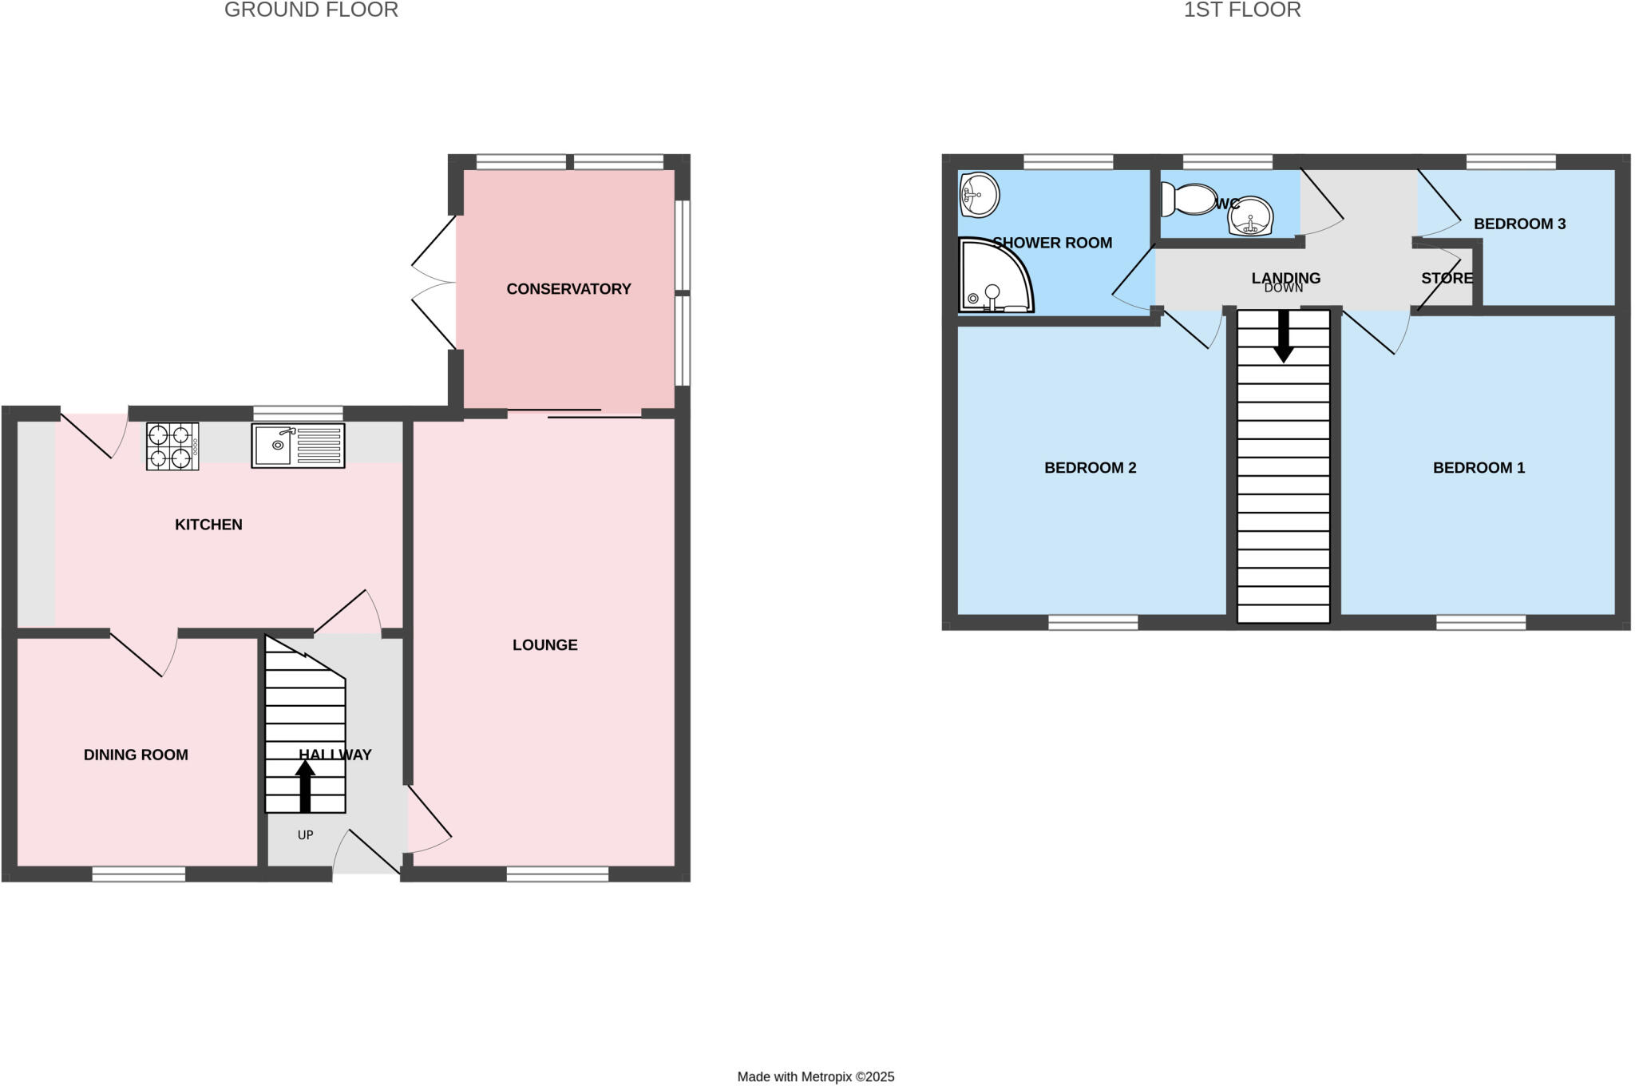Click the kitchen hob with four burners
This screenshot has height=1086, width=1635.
[172, 446]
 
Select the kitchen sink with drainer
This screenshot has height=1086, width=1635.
[298, 446]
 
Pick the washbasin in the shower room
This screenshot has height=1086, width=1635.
[980, 194]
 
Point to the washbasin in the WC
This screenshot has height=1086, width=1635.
[1250, 216]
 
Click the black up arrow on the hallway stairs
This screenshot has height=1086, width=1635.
[305, 786]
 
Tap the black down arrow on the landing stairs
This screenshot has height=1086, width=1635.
[1283, 336]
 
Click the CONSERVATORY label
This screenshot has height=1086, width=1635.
[568, 289]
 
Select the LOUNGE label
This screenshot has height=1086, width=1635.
[544, 645]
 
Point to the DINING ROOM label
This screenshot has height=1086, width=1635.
[136, 755]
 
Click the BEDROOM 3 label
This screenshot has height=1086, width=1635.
[1519, 224]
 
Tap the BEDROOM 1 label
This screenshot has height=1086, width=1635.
[1479, 468]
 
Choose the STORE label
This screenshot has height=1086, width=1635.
[1447, 278]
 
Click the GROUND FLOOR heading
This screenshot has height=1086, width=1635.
[311, 10]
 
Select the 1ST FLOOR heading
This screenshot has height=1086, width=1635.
[1241, 10]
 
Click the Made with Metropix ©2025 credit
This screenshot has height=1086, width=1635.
[815, 1076]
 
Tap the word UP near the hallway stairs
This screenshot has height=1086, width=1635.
[305, 835]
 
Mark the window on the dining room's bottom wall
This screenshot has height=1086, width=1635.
[139, 874]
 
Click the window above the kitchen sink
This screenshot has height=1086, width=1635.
[298, 413]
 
